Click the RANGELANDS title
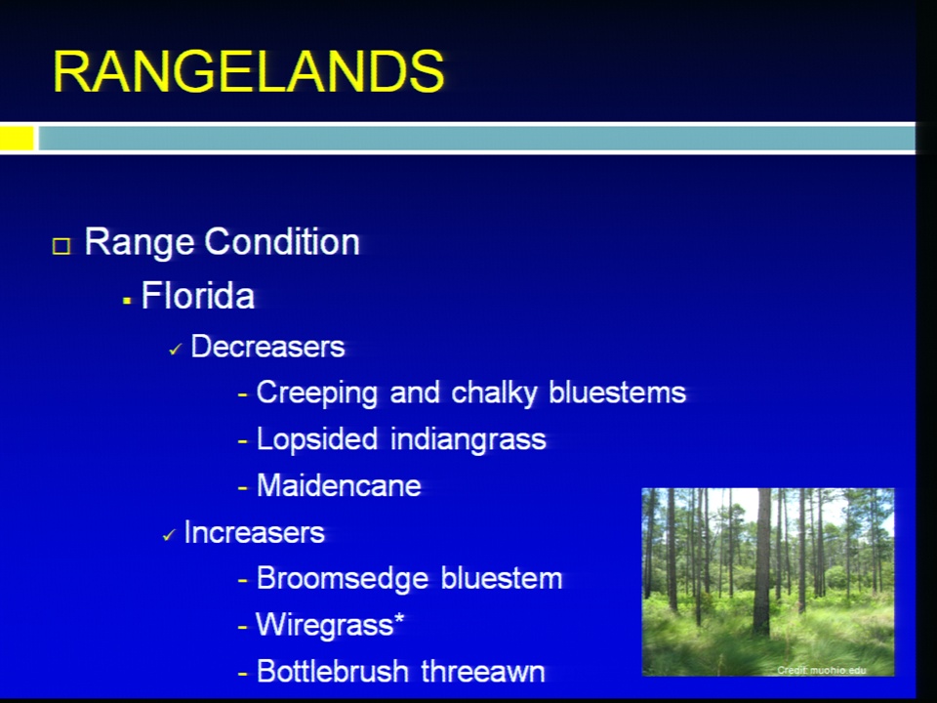249,70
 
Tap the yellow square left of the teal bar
17,138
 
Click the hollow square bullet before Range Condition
61,246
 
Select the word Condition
282,241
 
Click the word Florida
198,295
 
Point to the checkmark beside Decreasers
175,350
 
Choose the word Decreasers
267,347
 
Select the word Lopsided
316,440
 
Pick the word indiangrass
468,440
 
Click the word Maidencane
339,485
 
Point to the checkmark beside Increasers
169,535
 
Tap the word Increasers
254,532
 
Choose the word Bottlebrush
332,672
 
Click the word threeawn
483,672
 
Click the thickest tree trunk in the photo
762,562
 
